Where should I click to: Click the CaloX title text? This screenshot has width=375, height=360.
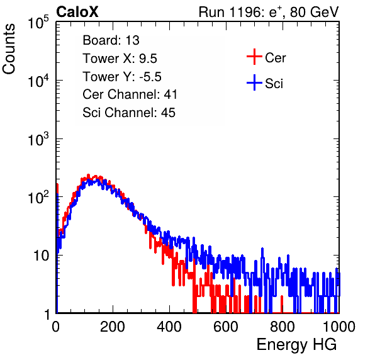click(77, 12)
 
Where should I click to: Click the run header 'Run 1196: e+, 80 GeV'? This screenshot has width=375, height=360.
click(269, 12)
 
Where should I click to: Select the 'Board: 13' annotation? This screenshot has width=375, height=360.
click(111, 40)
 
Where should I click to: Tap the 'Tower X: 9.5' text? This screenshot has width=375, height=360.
click(120, 59)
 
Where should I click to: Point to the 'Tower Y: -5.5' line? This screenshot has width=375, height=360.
click(122, 77)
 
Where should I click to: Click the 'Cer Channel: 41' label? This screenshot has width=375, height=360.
click(130, 94)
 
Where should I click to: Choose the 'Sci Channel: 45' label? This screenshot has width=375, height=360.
click(129, 113)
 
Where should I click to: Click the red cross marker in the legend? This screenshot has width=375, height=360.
click(254, 57)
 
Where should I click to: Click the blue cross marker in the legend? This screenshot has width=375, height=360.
click(254, 83)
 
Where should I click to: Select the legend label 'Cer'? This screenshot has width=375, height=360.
click(275, 58)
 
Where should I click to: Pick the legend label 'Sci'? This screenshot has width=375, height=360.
click(274, 84)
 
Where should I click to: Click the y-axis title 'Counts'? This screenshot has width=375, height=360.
click(9, 49)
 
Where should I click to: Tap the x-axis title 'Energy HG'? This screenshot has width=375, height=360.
click(296, 344)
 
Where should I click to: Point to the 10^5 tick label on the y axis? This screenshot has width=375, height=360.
click(38, 23)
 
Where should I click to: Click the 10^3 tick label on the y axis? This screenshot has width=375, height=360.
click(38, 140)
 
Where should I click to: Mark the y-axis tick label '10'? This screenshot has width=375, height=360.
click(42, 256)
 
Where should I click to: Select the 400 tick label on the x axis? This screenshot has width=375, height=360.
click(169, 327)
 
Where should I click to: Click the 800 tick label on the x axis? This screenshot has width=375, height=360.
click(283, 327)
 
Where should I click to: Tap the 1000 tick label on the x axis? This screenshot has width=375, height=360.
click(339, 327)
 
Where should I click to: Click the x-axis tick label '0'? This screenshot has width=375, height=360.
click(56, 327)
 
